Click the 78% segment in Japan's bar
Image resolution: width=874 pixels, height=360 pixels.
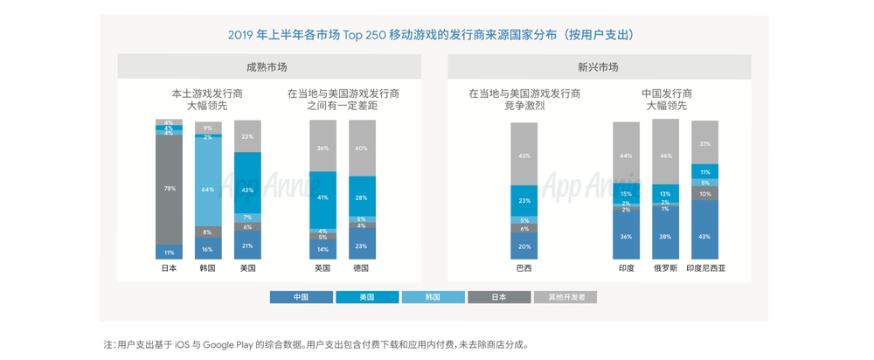pos(169,188)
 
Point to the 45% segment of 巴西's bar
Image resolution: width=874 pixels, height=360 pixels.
pos(524,155)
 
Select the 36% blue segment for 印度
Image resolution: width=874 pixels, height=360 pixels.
pos(626,237)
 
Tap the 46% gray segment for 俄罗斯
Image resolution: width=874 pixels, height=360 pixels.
pos(665,154)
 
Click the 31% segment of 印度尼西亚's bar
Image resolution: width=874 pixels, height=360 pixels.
pos(704,143)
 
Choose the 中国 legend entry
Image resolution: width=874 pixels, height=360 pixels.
pos(301,297)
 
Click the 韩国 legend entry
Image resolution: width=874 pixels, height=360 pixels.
pos(433,297)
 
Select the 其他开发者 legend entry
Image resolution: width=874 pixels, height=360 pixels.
pos(565,297)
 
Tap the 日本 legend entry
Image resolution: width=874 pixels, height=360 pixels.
pos(499,297)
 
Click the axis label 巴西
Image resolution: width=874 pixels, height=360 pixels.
pos(524,268)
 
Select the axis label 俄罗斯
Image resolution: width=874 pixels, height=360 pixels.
pos(665,268)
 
